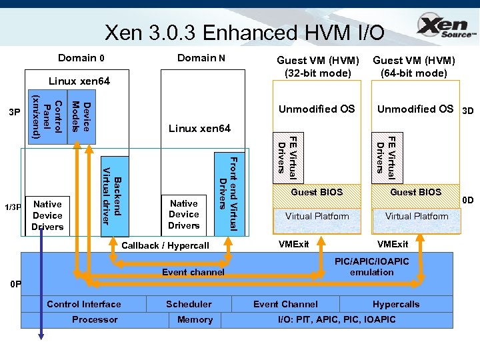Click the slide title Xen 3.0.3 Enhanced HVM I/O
[244, 31]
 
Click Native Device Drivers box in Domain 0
[47, 215]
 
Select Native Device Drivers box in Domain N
[183, 215]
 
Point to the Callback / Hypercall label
[165, 245]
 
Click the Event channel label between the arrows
[193, 272]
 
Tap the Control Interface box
[84, 304]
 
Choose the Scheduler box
[189, 304]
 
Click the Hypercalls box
[396, 304]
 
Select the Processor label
[95, 319]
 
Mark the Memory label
[195, 319]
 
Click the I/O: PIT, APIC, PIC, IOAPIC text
[337, 319]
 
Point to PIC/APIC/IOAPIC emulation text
[371, 267]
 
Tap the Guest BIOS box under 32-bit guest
[317, 192]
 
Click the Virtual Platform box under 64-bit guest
[417, 216]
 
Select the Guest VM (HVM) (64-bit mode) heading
[413, 67]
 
